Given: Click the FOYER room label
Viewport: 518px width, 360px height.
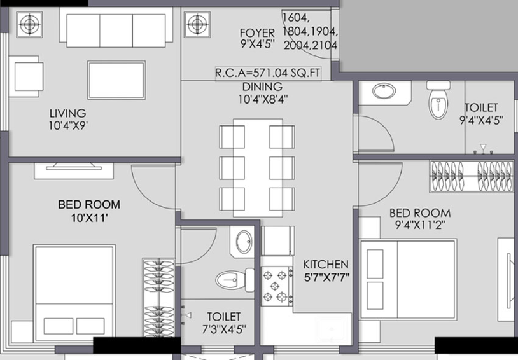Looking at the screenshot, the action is coord(257,33).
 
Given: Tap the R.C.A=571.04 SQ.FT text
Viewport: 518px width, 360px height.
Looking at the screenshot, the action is coord(267,73).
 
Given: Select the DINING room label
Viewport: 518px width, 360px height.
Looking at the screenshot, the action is coord(263,87).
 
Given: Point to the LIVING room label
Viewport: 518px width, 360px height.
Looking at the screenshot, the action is coord(67,114).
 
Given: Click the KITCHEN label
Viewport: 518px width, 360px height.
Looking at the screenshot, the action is coord(326,265).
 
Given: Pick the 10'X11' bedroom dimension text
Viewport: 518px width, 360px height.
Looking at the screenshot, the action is coord(89,218).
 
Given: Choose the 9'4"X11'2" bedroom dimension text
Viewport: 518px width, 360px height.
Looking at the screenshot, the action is coord(420,225).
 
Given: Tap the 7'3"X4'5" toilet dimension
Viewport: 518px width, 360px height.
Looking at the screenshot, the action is coord(224,329).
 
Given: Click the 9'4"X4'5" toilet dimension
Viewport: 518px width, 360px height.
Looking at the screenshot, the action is coord(481,120).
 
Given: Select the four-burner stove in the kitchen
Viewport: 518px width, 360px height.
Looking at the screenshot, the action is coord(277,286).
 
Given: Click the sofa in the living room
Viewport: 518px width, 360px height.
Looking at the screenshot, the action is coord(116,28).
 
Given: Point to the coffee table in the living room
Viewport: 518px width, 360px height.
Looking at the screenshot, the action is coord(116,80).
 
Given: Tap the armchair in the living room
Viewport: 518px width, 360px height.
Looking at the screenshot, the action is coord(25,76).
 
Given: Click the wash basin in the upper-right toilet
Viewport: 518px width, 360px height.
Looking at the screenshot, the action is coord(384,91).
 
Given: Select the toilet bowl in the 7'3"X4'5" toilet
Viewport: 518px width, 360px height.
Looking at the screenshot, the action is coord(235,280).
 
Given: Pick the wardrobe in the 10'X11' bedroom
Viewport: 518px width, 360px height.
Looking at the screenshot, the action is coord(159,298).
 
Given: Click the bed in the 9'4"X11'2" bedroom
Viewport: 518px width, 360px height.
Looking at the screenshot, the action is coord(409,280).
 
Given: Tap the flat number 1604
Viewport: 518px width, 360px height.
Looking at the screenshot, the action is coord(295,17).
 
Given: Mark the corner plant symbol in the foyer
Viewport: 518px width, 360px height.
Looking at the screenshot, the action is coord(197,24).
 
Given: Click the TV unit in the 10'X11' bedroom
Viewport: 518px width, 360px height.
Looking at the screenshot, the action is coord(74,170).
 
